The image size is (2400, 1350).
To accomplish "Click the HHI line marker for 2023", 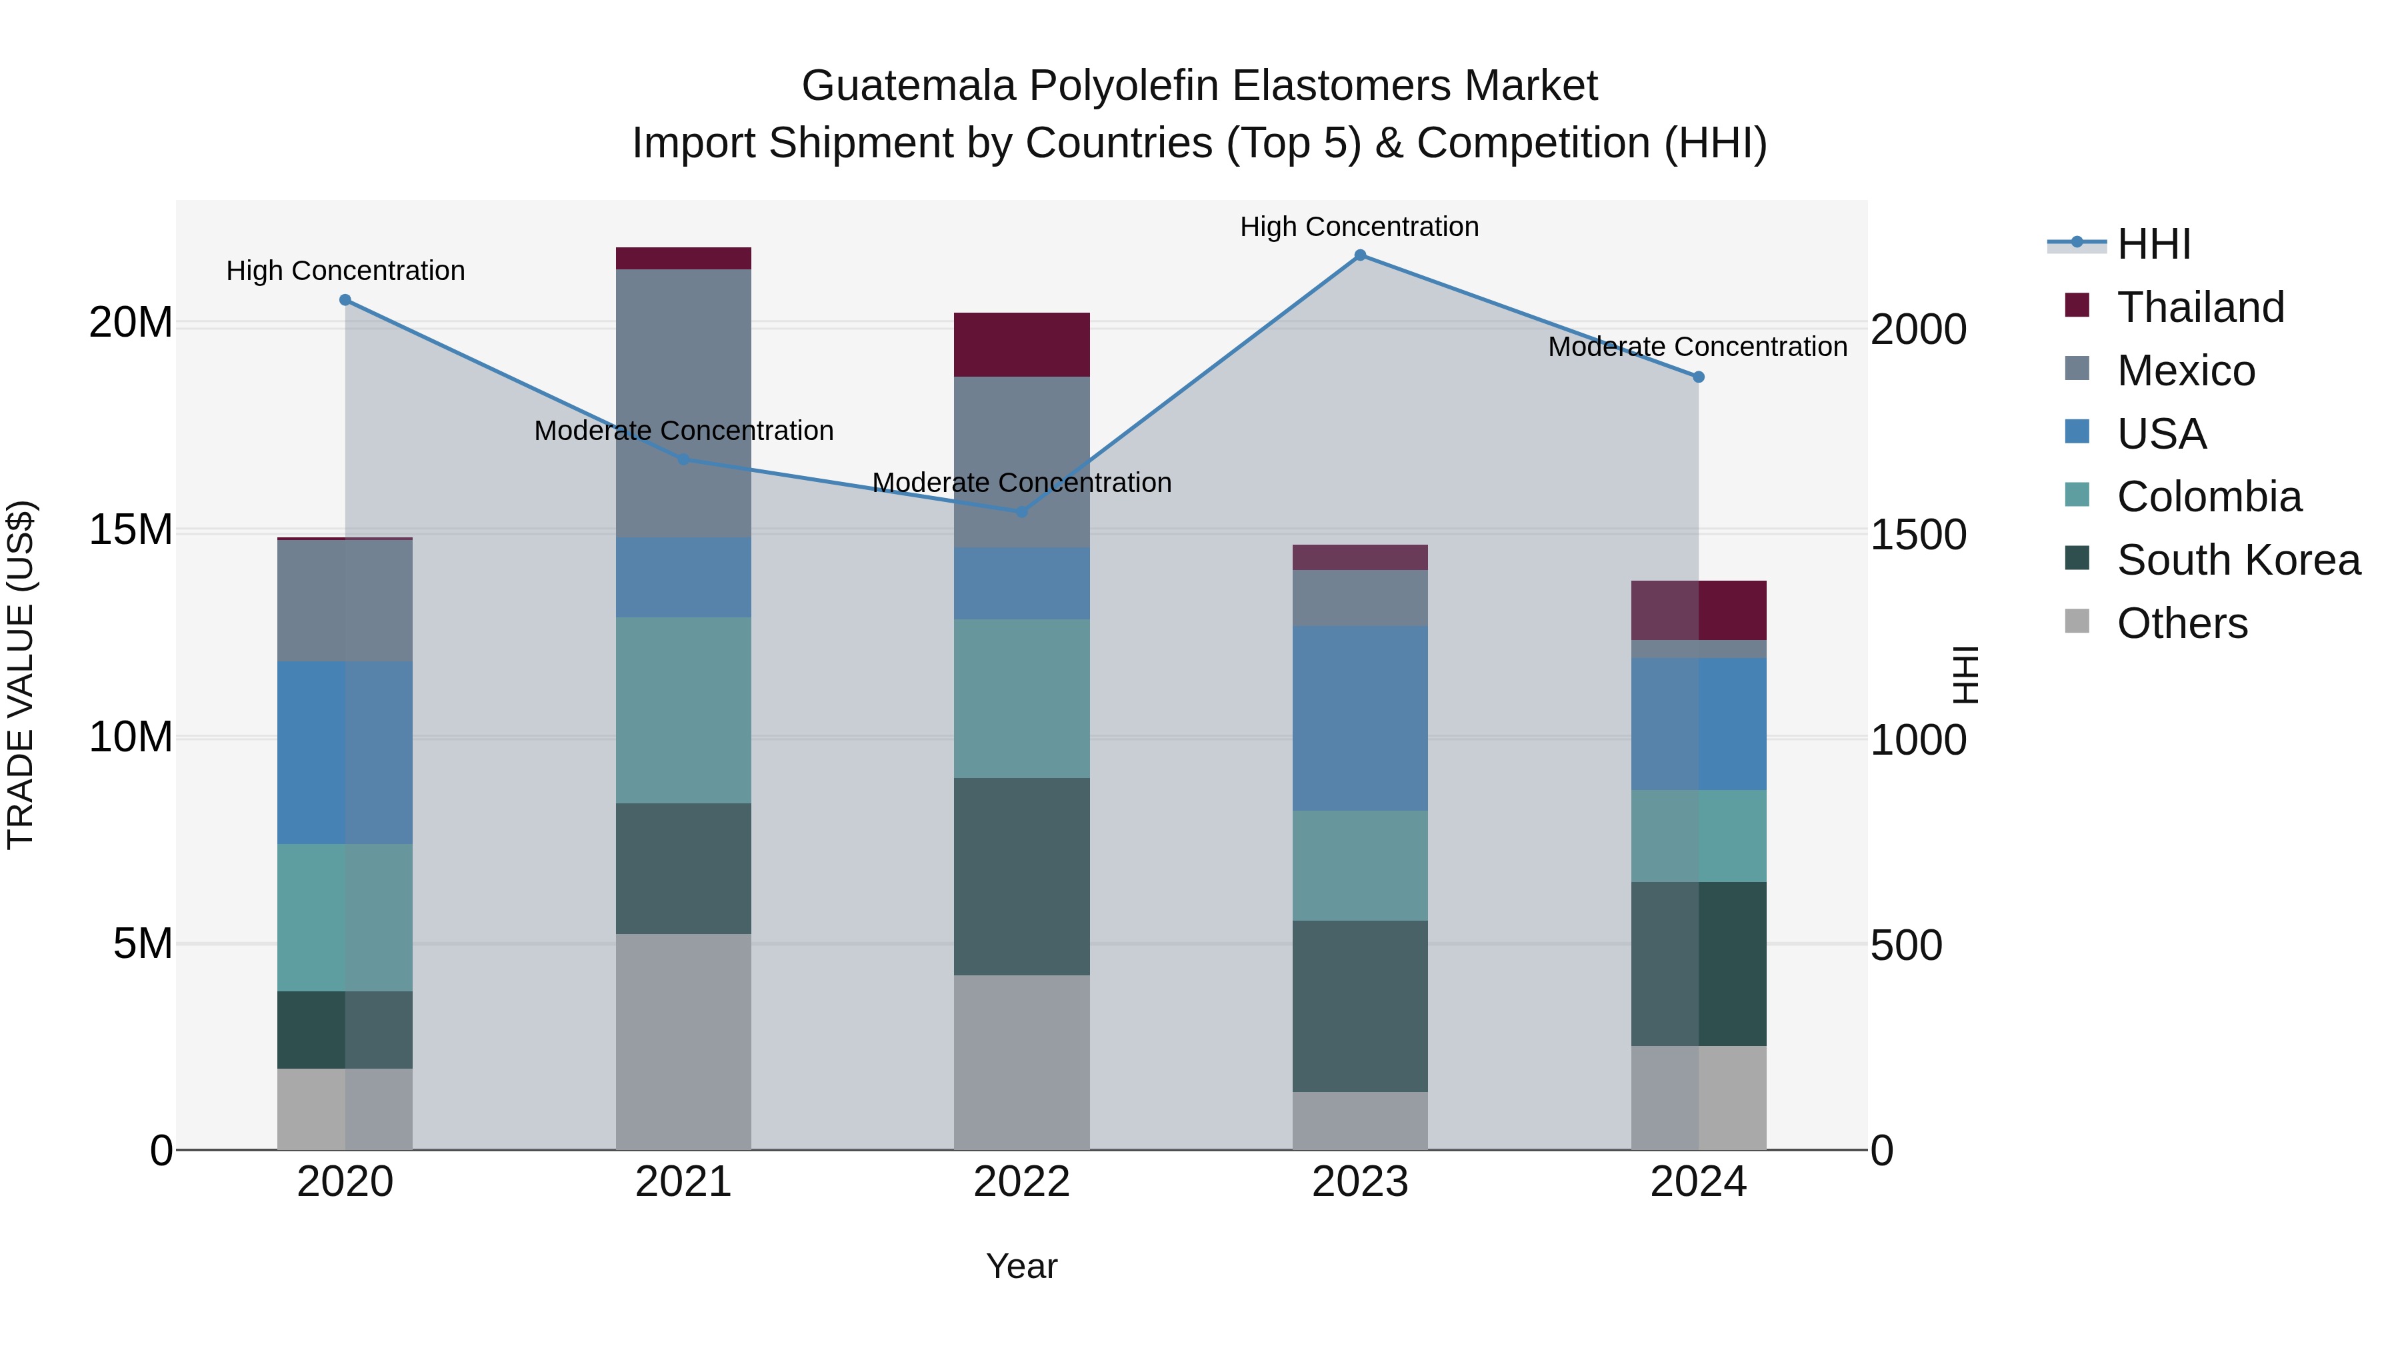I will click(x=1359, y=255).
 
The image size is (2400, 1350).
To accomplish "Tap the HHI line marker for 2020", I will click(x=345, y=300).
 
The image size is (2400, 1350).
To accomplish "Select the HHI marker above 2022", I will click(x=1021, y=511).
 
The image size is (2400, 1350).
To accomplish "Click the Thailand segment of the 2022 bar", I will click(x=1021, y=345).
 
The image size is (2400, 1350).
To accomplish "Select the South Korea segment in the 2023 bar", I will click(x=1359, y=1006).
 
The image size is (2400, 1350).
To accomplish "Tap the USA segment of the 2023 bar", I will click(x=1359, y=717).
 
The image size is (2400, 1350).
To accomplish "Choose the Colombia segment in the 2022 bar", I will click(x=1021, y=699).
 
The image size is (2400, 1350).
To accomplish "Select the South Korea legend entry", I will click(x=2237, y=560).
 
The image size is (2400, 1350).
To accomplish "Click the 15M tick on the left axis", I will click(x=131, y=530).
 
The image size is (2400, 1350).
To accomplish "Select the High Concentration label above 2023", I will click(x=1359, y=227).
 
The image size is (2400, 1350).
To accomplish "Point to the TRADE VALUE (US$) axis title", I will click(x=21, y=675).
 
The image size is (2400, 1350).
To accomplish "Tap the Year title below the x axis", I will click(x=1021, y=1266).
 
